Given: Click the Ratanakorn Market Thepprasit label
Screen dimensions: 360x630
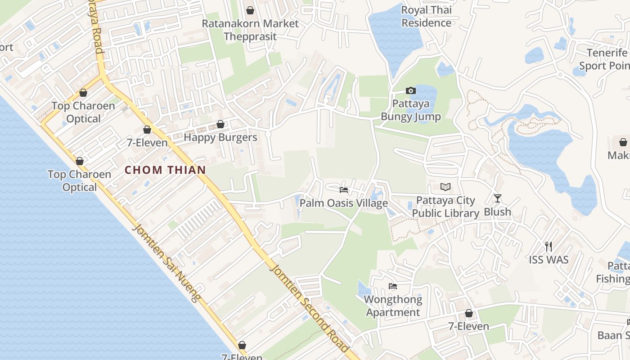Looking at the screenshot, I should click(250, 30).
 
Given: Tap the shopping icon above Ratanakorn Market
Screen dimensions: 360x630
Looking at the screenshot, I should click(250, 10).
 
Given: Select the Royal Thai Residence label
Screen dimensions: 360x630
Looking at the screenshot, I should click(426, 16).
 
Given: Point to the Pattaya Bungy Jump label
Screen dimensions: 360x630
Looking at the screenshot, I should click(410, 110).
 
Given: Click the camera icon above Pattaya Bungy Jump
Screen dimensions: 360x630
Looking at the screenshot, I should click(410, 91).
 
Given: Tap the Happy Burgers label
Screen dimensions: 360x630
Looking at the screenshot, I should click(220, 137).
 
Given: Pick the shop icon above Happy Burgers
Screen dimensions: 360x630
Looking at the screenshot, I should click(220, 124).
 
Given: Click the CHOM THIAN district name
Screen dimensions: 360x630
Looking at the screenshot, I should click(165, 170).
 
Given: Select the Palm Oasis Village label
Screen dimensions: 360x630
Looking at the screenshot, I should click(344, 203).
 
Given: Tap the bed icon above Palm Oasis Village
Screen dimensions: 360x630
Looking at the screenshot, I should click(344, 189).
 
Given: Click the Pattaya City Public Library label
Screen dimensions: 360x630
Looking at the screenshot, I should click(445, 207).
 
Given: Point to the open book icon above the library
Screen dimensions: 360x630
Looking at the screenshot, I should click(445, 187).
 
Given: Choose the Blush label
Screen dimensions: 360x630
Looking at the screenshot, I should click(497, 211).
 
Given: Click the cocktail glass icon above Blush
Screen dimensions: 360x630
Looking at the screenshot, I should click(497, 198).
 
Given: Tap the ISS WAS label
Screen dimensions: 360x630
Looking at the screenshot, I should click(549, 260).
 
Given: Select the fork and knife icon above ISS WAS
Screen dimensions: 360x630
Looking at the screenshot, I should click(549, 246).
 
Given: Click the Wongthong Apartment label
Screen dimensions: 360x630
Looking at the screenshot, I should click(393, 306).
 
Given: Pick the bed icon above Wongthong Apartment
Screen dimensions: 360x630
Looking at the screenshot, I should click(393, 286).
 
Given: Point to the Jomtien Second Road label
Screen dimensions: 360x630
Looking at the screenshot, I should click(309, 308).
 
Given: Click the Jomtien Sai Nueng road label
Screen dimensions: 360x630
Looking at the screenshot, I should click(166, 263).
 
